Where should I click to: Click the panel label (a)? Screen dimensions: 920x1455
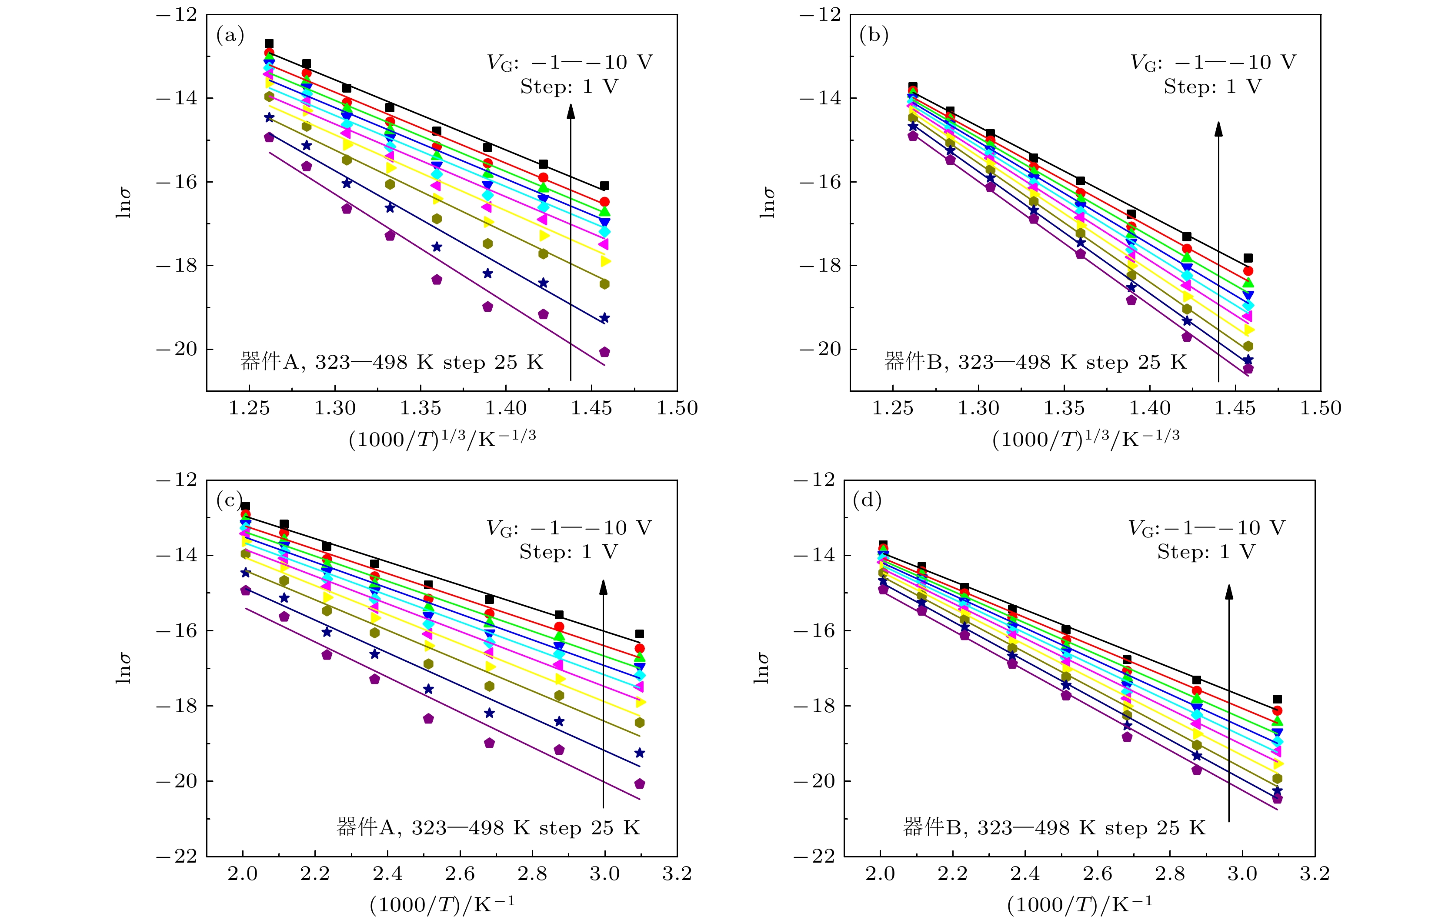coord(230,36)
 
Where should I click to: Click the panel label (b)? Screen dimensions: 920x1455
coord(874,36)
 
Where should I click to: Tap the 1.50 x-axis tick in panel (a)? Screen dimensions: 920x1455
coord(677,408)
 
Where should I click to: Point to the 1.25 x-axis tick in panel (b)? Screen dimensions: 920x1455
coord(892,408)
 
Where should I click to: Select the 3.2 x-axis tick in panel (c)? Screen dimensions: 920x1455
coord(677,873)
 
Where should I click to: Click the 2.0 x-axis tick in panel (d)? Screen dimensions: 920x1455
coord(881,873)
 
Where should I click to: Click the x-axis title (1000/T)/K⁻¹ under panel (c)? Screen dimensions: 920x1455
coord(442,904)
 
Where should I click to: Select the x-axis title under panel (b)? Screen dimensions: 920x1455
coord(1085,439)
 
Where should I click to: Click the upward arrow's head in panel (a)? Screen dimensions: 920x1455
coord(571,110)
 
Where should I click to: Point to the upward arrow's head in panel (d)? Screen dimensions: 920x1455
coord(1228,591)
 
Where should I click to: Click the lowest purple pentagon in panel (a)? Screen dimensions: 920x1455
coord(604,352)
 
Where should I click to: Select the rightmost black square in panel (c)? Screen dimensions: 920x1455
coord(639,633)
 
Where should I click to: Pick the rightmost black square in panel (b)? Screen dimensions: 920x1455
coord(1248,258)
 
